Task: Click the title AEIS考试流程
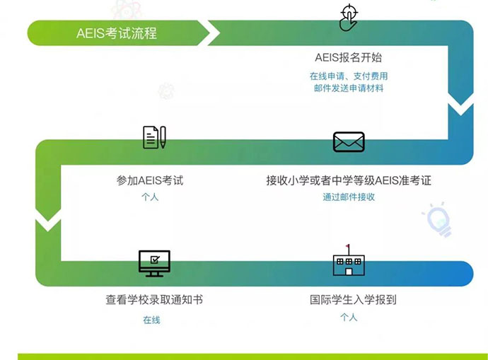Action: [x=117, y=33]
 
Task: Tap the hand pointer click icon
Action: [x=349, y=18]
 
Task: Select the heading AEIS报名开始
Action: [x=348, y=57]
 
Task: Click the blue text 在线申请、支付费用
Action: [x=349, y=76]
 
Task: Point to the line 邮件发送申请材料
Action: [x=349, y=88]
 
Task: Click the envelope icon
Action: [x=349, y=142]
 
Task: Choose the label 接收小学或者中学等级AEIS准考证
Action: [x=349, y=180]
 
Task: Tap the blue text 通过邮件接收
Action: [x=349, y=197]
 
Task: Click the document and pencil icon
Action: [x=154, y=137]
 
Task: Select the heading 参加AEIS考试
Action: [x=150, y=180]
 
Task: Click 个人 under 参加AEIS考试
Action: [x=150, y=197]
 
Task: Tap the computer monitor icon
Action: [x=154, y=263]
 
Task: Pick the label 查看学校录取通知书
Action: [x=154, y=300]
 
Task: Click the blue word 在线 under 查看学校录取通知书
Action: [x=151, y=320]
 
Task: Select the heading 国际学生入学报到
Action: [x=353, y=300]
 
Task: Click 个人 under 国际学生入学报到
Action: [x=349, y=318]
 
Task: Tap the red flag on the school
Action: [x=348, y=246]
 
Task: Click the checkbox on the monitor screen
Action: [x=155, y=260]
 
